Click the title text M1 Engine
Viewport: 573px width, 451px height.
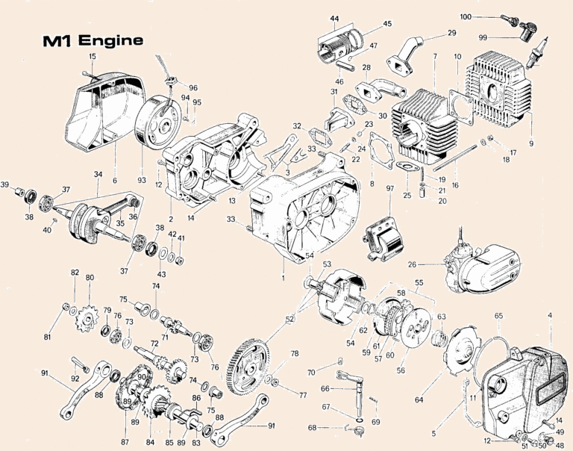93,40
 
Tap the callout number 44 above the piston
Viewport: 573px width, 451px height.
334,19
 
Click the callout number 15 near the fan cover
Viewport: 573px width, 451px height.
93,57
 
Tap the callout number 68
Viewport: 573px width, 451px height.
312,428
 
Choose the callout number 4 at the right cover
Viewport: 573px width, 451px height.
551,316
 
